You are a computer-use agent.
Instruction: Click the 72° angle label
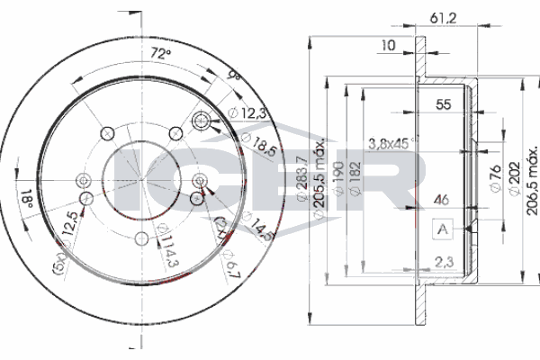coord(160,54)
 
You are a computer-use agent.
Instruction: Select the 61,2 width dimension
coord(438,18)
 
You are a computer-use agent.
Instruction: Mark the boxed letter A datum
coord(442,230)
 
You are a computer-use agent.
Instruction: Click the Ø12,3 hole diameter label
coord(248,112)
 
